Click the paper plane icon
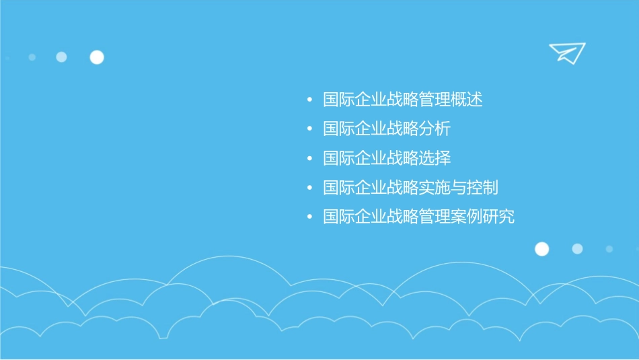566,52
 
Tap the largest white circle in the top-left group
97,57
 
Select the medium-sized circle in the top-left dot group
61,57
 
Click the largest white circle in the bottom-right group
541,249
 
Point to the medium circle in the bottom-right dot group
577,249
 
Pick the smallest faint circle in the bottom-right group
609,249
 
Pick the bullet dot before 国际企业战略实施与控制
309,188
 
